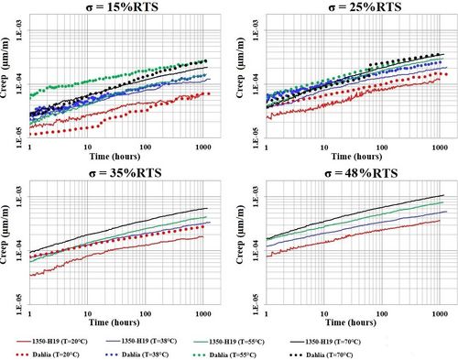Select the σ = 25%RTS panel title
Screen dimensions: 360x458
355,7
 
